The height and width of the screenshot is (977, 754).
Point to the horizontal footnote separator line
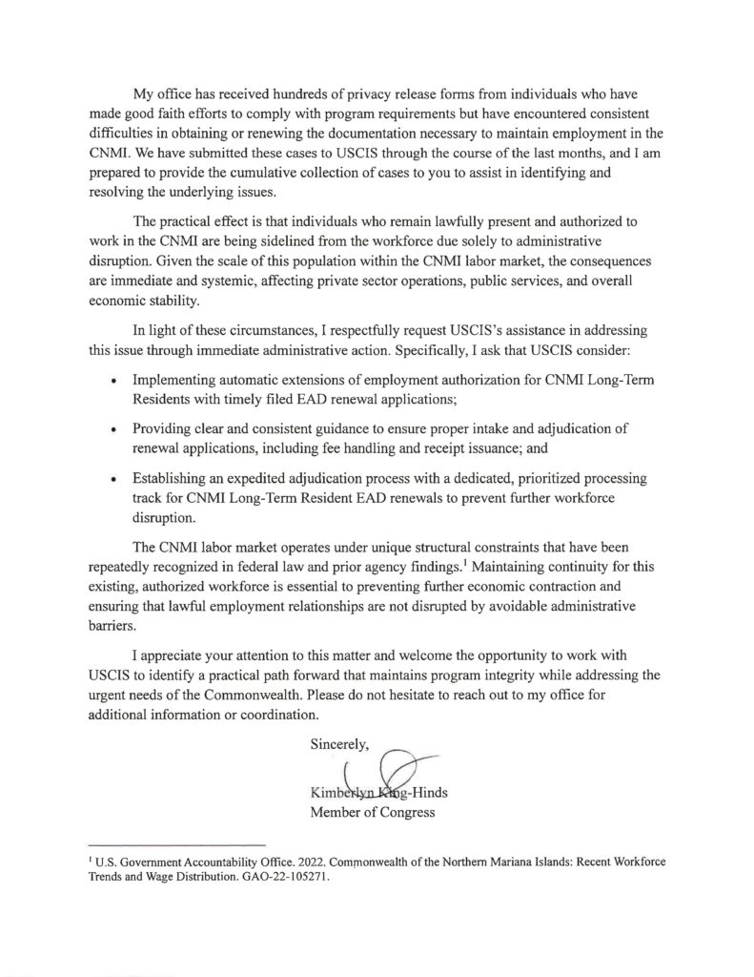(x=175, y=845)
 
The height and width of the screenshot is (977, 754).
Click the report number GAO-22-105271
(x=283, y=877)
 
